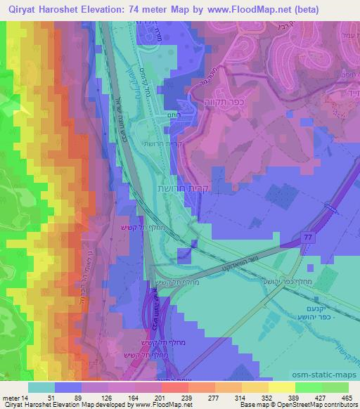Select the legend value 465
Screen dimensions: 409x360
point(346,398)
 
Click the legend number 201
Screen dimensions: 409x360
point(161,398)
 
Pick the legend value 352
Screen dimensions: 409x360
point(267,398)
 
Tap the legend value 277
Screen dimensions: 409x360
point(214,398)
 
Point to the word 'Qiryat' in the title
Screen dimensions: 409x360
point(21,10)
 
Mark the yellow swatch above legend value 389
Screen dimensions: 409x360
point(281,387)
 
